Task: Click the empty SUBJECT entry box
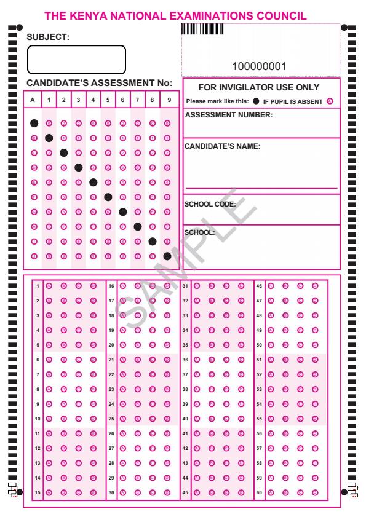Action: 76,60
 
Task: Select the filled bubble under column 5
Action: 108,197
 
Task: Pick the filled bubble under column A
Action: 34,123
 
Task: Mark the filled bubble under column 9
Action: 167,256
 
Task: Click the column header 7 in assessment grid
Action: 137,100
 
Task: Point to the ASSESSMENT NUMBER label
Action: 228,115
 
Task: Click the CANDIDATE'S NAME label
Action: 223,146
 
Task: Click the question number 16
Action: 111,286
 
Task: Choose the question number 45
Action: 185,492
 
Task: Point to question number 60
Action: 259,492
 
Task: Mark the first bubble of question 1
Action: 49,286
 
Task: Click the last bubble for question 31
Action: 241,286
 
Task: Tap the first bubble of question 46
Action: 270,286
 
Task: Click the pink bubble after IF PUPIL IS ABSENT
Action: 330,101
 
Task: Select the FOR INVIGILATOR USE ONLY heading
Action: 260,88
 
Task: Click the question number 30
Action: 111,492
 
